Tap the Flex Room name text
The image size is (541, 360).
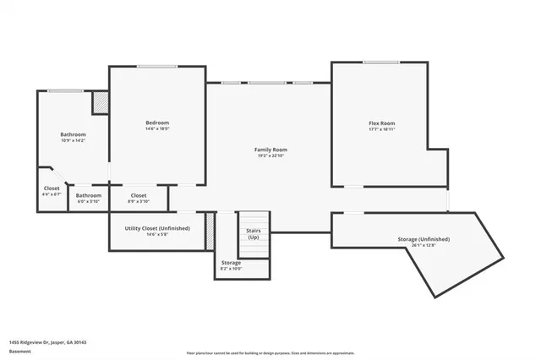[x=381, y=123]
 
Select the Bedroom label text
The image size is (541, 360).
[x=157, y=123]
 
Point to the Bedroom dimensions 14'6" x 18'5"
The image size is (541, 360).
[x=157, y=129]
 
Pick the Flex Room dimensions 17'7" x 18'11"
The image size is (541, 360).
[x=381, y=130]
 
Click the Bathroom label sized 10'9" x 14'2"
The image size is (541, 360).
[x=73, y=134]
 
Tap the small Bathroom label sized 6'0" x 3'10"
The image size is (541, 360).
[x=89, y=195]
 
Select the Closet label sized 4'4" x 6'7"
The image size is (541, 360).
[x=52, y=188]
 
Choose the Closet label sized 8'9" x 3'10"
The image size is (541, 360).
[x=139, y=195]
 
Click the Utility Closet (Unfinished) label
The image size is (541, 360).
[x=157, y=228]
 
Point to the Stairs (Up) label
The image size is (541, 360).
[x=253, y=233]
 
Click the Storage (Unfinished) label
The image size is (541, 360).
[x=424, y=239]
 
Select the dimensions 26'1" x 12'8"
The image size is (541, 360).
[x=424, y=246]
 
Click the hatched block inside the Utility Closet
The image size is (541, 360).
[x=210, y=231]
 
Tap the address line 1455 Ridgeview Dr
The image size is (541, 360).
[x=48, y=342]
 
